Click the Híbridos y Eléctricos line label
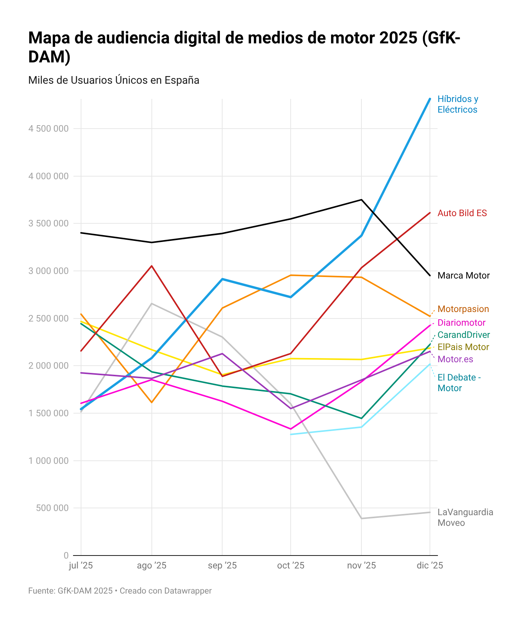(x=457, y=104)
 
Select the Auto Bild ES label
(x=462, y=213)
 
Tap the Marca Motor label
(x=463, y=275)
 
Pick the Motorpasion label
(x=463, y=309)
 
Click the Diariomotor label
(x=461, y=323)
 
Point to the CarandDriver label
(x=463, y=335)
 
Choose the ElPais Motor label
(x=463, y=347)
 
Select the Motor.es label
(x=455, y=359)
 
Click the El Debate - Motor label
(x=459, y=383)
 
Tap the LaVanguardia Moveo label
(x=465, y=517)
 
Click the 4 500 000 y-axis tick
(x=48, y=129)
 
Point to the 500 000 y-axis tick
(x=53, y=508)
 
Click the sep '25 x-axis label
(x=222, y=565)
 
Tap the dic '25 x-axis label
(x=430, y=565)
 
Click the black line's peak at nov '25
(x=361, y=200)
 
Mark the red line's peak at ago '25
(x=152, y=266)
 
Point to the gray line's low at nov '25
(x=361, y=518)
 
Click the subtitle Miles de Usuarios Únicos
(x=113, y=80)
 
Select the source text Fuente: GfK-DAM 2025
(x=70, y=591)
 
